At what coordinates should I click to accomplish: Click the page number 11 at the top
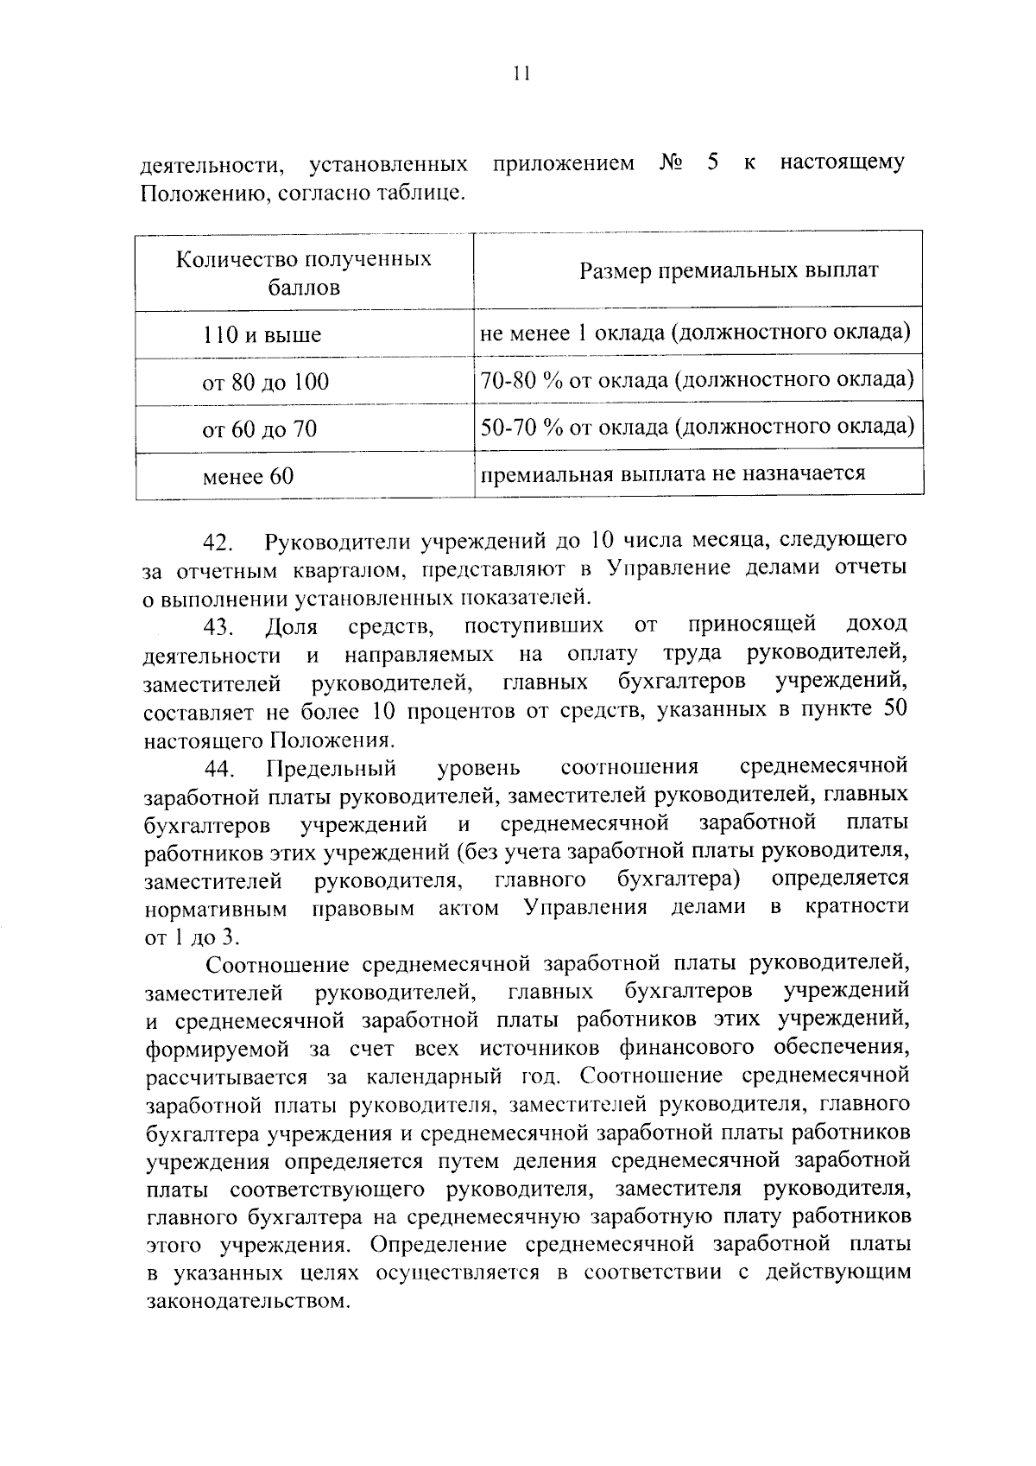[519, 74]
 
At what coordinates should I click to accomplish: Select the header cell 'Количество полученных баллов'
[304, 273]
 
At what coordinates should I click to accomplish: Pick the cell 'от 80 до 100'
[265, 382]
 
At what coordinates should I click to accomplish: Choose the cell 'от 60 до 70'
[259, 428]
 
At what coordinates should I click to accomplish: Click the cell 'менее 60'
[248, 475]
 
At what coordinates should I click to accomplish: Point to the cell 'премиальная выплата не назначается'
[673, 473]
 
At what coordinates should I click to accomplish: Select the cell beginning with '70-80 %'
[697, 380]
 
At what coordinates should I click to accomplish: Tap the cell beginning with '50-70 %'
[697, 427]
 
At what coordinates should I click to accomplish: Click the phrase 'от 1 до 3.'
[194, 937]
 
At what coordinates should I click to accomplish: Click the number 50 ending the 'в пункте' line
[891, 710]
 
